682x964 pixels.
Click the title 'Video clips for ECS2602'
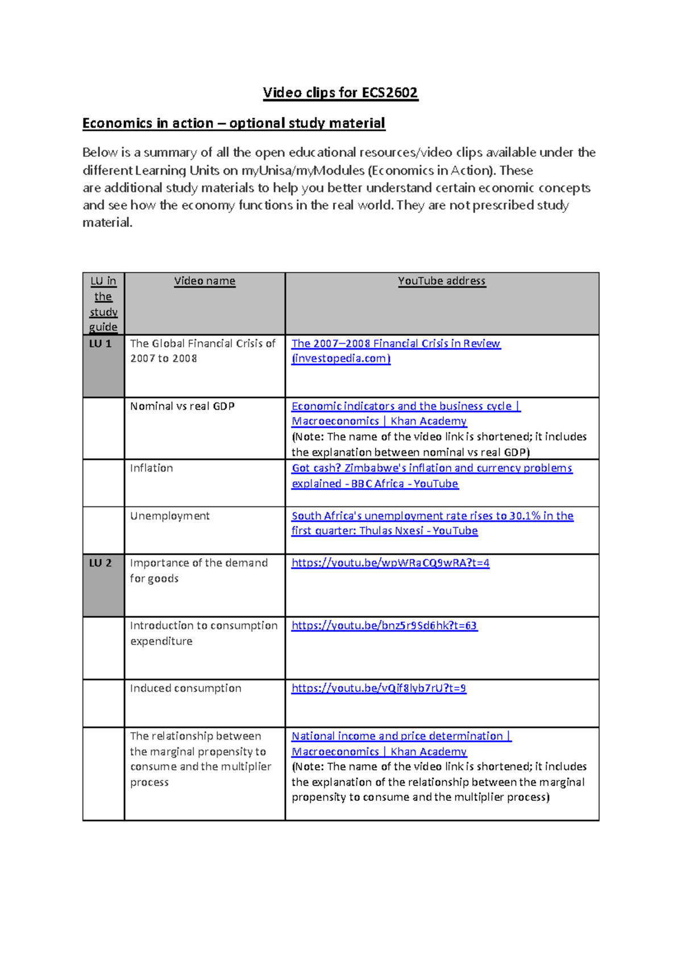click(x=340, y=93)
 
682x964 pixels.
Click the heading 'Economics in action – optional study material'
click(x=234, y=123)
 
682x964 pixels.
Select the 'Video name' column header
click(x=205, y=281)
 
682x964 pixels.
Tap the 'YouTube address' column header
click(x=442, y=281)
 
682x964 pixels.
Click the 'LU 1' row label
click(x=101, y=344)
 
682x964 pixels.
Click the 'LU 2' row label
click(x=101, y=563)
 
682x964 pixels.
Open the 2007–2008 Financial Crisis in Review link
click(x=396, y=344)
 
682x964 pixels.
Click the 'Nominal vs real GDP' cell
click(x=182, y=406)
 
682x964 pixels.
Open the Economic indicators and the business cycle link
click(x=405, y=406)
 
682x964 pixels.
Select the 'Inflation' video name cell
click(x=151, y=468)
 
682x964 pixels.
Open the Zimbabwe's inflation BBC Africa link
click(x=431, y=468)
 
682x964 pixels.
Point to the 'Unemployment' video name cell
click(x=169, y=516)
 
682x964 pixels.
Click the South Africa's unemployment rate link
click(x=432, y=516)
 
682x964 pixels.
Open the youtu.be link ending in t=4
click(x=390, y=563)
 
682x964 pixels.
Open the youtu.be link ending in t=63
click(x=384, y=626)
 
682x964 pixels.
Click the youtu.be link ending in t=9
click(x=379, y=688)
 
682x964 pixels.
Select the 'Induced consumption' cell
click(x=185, y=688)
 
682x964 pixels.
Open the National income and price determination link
click(x=401, y=736)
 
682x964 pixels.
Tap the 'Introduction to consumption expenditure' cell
click(x=203, y=626)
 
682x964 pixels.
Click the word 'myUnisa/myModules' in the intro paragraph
click(x=303, y=171)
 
